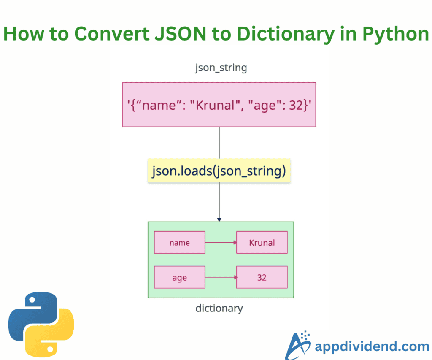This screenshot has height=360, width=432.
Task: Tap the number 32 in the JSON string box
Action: click(294, 105)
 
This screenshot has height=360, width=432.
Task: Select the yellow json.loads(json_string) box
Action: click(219, 171)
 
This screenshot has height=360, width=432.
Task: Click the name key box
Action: click(179, 242)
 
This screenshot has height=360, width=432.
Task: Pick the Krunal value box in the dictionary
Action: click(262, 242)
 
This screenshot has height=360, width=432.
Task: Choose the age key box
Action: click(179, 277)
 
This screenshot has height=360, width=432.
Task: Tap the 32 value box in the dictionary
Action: click(262, 277)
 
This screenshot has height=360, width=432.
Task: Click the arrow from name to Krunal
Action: click(220, 242)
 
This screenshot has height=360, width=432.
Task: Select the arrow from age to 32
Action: click(220, 277)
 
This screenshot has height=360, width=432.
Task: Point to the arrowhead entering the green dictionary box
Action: click(219, 219)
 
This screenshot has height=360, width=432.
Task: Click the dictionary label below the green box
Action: click(219, 309)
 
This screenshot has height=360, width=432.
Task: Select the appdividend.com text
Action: click(372, 347)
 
